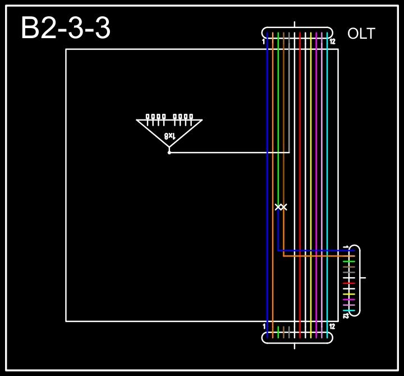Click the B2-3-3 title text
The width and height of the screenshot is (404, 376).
[x=66, y=29]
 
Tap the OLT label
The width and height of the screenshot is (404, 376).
[x=361, y=34]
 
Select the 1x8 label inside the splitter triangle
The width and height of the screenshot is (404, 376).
[x=170, y=136]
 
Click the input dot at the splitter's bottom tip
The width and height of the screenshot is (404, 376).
[x=169, y=152]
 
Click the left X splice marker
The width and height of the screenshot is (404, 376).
[x=277, y=207]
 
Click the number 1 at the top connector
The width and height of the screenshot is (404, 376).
[x=264, y=42]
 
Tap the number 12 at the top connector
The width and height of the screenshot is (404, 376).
[x=332, y=42]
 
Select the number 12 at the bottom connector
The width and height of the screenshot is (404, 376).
[x=332, y=327]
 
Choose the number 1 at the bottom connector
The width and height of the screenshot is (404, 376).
[x=264, y=327]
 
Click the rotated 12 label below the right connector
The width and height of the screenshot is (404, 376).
[x=346, y=316]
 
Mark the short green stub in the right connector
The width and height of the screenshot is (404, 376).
[x=349, y=262]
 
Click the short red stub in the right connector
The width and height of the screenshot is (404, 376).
[x=349, y=283]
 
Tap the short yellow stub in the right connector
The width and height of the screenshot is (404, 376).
[x=349, y=294]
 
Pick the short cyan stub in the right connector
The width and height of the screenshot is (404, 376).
[x=349, y=310]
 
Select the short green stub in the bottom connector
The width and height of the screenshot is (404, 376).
[x=278, y=331]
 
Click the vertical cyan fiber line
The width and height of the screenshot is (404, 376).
[x=327, y=168]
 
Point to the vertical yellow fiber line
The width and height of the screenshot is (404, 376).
[x=311, y=168]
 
